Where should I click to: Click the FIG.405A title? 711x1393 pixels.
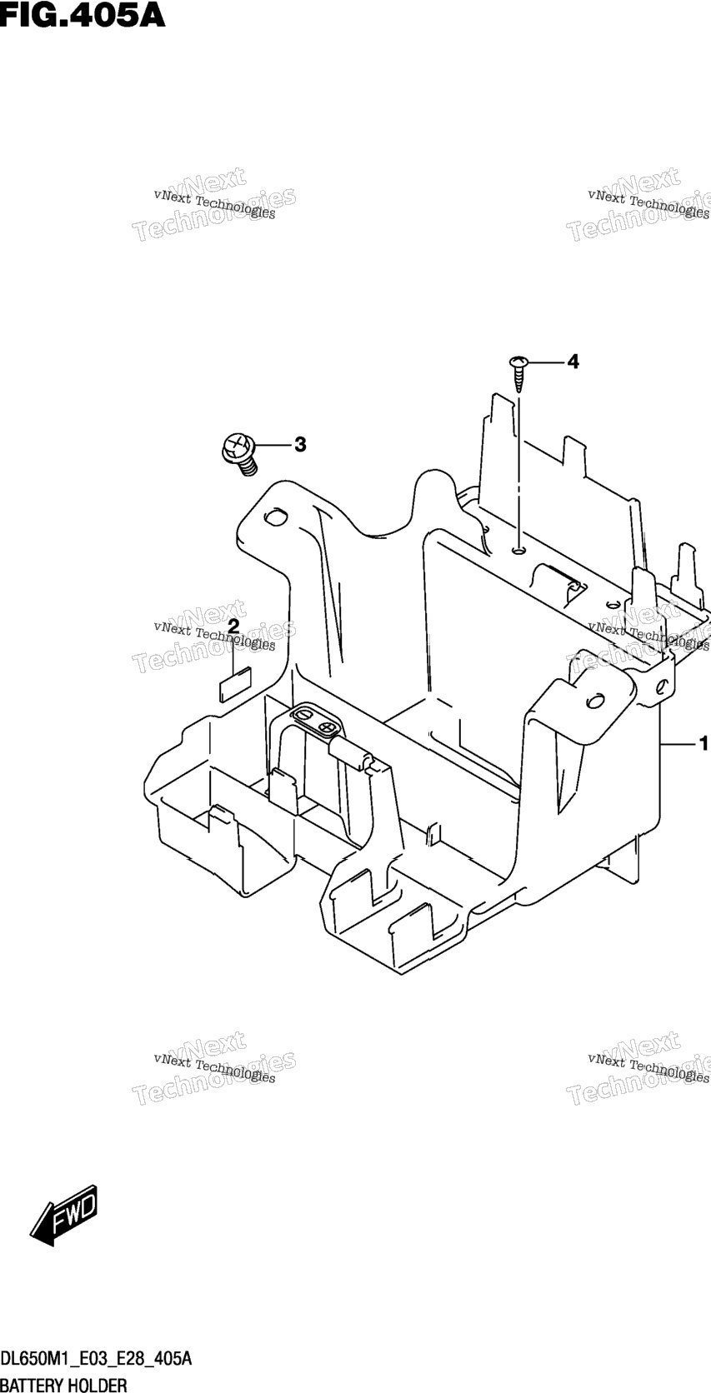(83, 15)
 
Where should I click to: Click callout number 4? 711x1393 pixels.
(573, 361)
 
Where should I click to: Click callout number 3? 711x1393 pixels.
(300, 445)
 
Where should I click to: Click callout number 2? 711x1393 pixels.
(233, 626)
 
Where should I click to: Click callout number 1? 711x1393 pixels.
(703, 743)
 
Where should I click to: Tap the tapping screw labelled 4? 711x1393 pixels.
(518, 372)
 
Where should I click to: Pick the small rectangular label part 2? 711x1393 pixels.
(234, 683)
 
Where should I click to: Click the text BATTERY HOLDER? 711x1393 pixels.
(63, 1384)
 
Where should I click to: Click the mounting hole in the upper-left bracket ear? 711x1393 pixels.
(275, 517)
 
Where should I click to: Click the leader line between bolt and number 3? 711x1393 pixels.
(272, 445)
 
